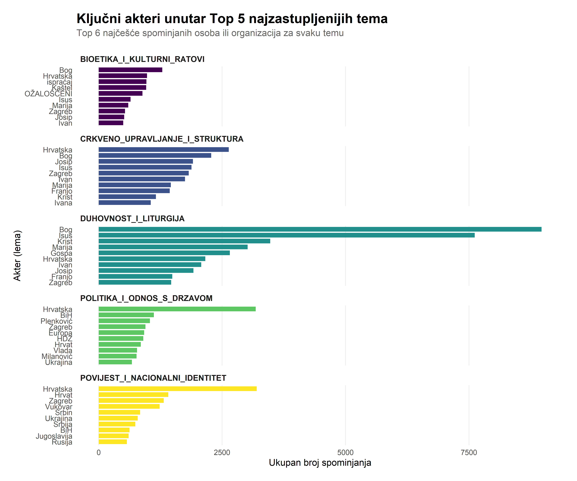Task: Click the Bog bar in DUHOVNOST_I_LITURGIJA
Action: (320, 229)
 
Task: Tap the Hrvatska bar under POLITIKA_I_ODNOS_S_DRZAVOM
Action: (177, 309)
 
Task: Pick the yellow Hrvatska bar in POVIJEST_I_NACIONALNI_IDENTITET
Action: (178, 389)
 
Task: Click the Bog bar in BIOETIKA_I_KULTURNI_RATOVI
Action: (130, 70)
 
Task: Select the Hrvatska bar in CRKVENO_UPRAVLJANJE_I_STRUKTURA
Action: (163, 149)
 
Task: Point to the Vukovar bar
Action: (129, 406)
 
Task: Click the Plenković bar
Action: (124, 321)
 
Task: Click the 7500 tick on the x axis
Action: (469, 453)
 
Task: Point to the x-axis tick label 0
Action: (99, 453)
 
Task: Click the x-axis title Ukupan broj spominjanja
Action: (320, 463)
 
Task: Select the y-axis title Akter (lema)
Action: (17, 256)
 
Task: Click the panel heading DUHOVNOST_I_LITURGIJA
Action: (132, 218)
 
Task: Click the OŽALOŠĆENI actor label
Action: (48, 94)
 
